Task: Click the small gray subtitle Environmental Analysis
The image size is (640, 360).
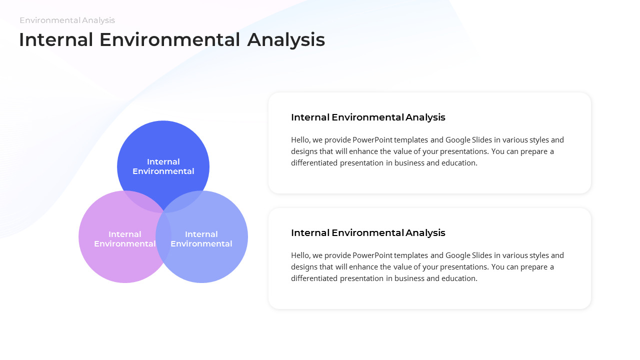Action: click(x=67, y=20)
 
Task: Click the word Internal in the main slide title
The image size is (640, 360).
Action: click(x=56, y=40)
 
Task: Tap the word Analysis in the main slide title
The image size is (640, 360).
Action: click(x=286, y=40)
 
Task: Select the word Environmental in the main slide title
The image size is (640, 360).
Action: click(x=170, y=40)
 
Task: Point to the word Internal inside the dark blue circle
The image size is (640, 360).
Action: click(x=163, y=161)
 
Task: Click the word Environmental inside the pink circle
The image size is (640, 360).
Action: click(x=124, y=244)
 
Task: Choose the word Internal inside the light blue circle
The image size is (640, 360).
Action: click(x=201, y=234)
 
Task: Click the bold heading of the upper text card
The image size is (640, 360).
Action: click(x=368, y=117)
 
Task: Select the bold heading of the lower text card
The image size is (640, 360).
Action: click(x=368, y=233)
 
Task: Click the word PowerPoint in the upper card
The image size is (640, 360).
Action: click(x=372, y=140)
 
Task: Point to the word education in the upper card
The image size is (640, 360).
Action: click(x=458, y=163)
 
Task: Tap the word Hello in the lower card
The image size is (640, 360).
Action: click(x=301, y=255)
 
